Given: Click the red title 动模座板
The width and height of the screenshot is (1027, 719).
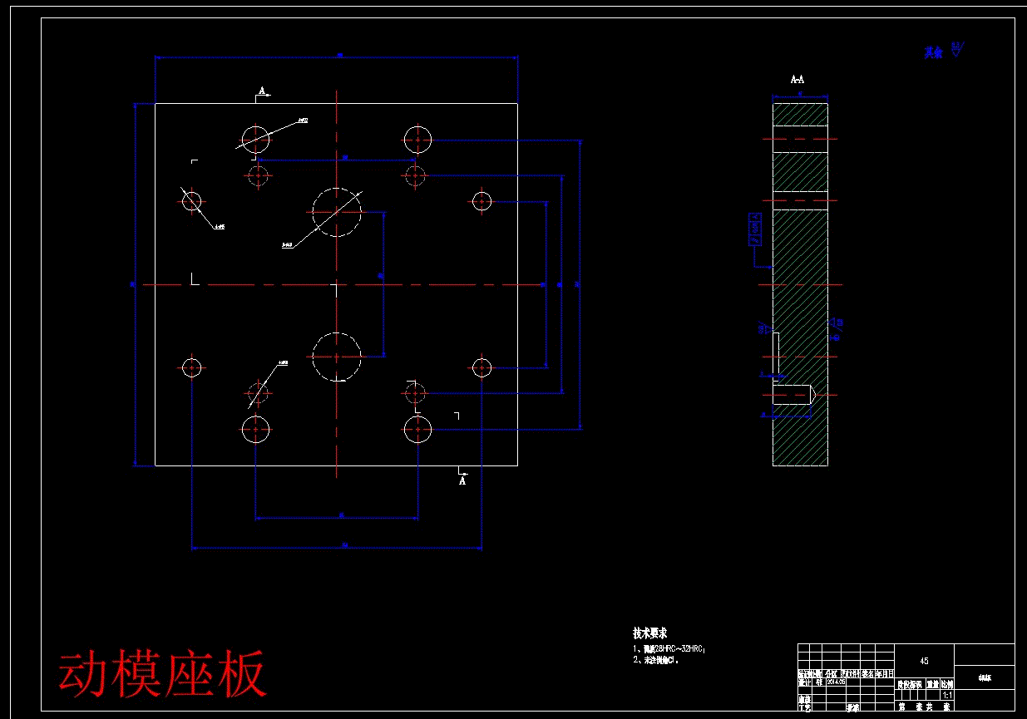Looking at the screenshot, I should pyautogui.click(x=163, y=673).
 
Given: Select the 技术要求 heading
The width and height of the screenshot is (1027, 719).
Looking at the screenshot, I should pyautogui.click(x=649, y=633).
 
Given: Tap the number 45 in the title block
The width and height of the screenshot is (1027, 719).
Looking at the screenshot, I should pyautogui.click(x=924, y=661).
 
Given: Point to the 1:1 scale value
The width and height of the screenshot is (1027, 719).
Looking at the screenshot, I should pyautogui.click(x=946, y=695).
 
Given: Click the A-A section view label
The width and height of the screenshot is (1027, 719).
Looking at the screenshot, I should pyautogui.click(x=797, y=80).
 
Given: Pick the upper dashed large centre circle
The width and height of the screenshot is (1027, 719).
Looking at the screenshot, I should pyautogui.click(x=337, y=212).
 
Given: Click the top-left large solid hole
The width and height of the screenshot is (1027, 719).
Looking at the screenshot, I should pyautogui.click(x=255, y=139).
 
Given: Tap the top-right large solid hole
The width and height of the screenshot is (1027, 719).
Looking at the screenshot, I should pyautogui.click(x=417, y=139).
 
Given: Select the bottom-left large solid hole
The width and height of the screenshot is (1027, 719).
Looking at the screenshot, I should pyautogui.click(x=255, y=430).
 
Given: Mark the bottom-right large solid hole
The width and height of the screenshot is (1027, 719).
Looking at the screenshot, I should pyautogui.click(x=417, y=430).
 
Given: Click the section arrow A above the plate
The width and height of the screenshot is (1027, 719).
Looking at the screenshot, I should pyautogui.click(x=263, y=91).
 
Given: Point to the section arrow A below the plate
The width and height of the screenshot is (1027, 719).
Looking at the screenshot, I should pyautogui.click(x=462, y=479).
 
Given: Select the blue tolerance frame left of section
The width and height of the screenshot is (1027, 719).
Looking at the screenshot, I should pyautogui.click(x=755, y=229).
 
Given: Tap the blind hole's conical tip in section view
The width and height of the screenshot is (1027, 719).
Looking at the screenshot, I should pyautogui.click(x=812, y=394).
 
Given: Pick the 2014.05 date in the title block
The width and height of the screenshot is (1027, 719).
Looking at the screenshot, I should pyautogui.click(x=835, y=682).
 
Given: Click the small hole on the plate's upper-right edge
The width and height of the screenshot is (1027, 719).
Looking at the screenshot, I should pyautogui.click(x=481, y=201).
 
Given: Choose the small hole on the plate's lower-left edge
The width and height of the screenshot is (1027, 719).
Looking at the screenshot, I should pyautogui.click(x=192, y=367).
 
